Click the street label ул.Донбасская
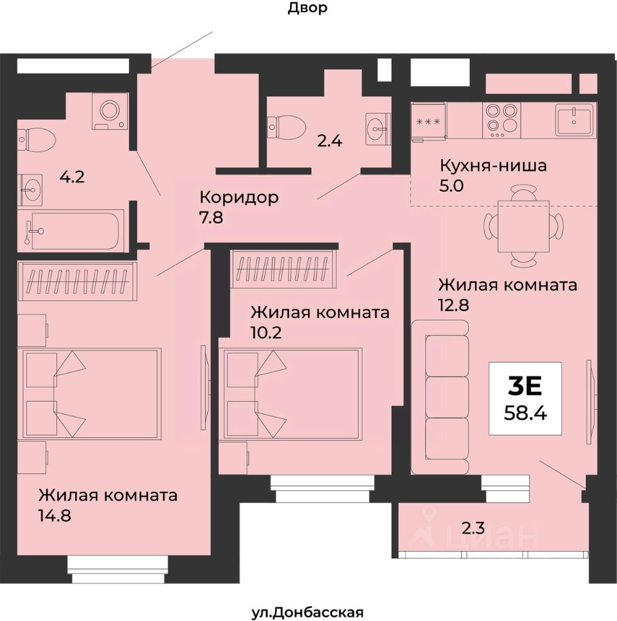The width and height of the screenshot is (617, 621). click(x=308, y=612)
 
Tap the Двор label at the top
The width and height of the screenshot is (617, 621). click(x=308, y=8)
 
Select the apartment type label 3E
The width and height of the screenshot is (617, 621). click(x=524, y=386)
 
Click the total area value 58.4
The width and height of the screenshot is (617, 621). click(x=525, y=411)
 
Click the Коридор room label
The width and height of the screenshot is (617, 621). click(x=239, y=197)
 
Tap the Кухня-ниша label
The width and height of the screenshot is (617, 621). click(x=493, y=165)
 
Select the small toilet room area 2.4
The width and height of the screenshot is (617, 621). click(x=329, y=140)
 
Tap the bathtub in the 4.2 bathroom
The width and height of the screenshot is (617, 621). click(x=72, y=230)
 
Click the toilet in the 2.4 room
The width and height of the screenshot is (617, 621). click(x=286, y=125)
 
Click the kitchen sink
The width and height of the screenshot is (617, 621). click(x=574, y=121)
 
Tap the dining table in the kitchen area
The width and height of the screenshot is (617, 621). click(x=523, y=226)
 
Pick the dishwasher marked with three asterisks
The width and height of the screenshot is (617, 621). click(x=429, y=121)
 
